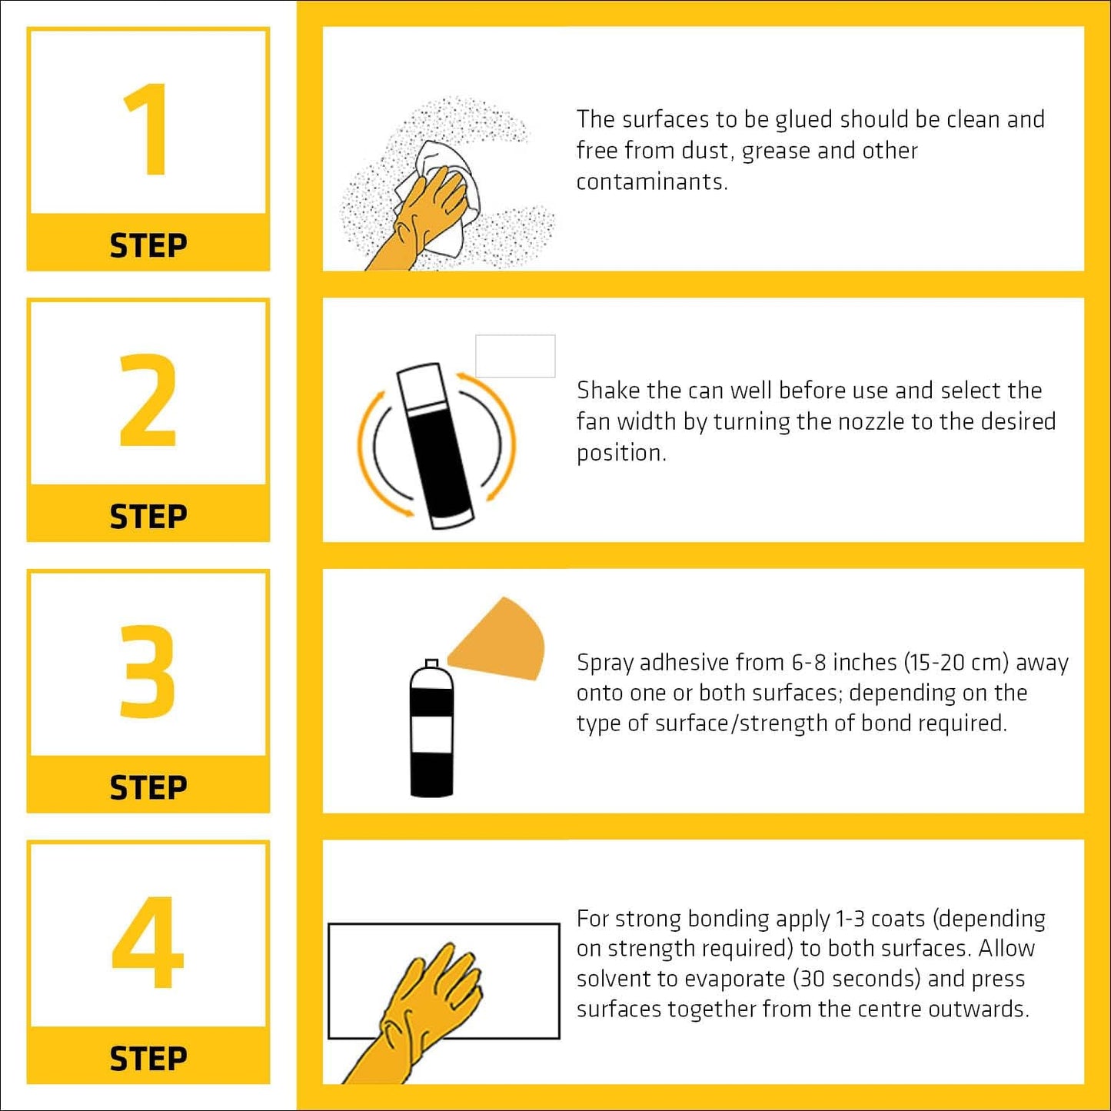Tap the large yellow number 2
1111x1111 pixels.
(x=148, y=401)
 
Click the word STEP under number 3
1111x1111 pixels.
(x=148, y=788)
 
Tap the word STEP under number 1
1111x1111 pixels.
(x=148, y=246)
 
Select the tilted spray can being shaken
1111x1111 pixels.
(x=436, y=447)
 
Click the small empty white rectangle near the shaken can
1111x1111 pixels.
(x=515, y=356)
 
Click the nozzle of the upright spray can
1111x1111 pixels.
(x=432, y=663)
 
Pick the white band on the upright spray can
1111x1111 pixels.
(x=431, y=734)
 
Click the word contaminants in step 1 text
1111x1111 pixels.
(x=650, y=182)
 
